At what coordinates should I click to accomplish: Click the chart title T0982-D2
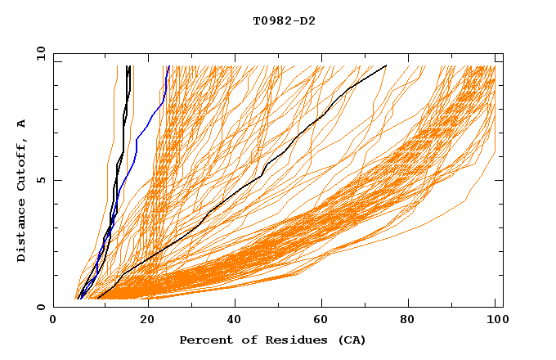284,20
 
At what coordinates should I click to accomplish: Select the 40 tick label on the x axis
235,322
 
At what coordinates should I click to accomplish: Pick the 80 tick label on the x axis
412,322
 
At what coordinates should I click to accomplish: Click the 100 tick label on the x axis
496,322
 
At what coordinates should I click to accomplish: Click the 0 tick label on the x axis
53,322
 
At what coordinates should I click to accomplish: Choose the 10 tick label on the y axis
38,53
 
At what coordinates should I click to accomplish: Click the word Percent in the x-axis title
204,340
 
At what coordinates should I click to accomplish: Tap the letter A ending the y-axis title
22,124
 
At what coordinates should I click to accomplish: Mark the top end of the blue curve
168,66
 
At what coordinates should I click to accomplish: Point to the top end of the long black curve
386,66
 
